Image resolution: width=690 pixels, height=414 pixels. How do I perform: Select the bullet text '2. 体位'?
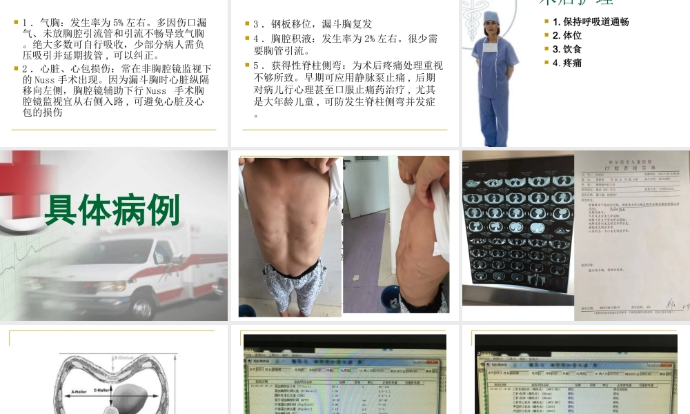tap(567, 35)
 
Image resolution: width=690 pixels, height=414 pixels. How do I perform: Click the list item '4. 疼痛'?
tap(567, 63)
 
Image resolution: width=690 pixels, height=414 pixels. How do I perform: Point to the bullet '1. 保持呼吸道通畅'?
tap(591, 21)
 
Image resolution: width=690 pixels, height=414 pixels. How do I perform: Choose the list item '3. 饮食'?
tap(567, 49)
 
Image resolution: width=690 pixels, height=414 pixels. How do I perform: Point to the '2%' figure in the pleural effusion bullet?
tap(365, 39)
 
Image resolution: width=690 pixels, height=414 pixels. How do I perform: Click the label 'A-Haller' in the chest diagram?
tap(83, 391)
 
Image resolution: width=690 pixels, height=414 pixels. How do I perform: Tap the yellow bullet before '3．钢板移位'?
tap(247, 23)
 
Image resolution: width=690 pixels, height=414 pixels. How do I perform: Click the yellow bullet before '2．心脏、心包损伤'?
tap(16, 68)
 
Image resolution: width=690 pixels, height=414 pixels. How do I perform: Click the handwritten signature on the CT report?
tap(671, 302)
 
